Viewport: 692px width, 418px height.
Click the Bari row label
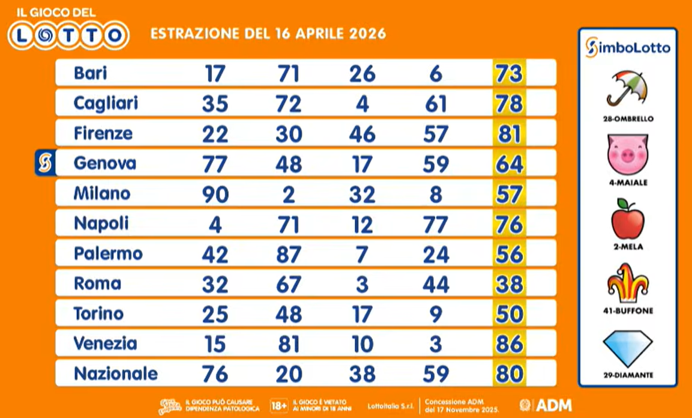point(90,73)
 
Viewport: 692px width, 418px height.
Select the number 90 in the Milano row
point(215,194)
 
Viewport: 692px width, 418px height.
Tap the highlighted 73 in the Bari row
point(509,73)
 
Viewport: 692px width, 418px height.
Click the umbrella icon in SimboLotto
point(627,88)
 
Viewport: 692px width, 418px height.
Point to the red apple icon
point(627,219)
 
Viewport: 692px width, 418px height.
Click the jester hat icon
point(627,283)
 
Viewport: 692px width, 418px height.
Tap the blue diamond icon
point(627,348)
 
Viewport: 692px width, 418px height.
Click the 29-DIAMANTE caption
point(627,375)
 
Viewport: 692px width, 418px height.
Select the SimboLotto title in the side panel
point(628,47)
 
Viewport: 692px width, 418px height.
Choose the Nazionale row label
point(115,374)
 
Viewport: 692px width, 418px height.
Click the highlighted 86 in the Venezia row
point(509,344)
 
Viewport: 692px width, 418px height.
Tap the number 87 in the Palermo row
point(288,254)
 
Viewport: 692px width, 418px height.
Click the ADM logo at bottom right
point(546,404)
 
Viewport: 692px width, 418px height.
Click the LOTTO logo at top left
point(68,35)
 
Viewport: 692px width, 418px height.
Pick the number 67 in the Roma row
point(288,284)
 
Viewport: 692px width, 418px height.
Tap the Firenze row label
point(103,133)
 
